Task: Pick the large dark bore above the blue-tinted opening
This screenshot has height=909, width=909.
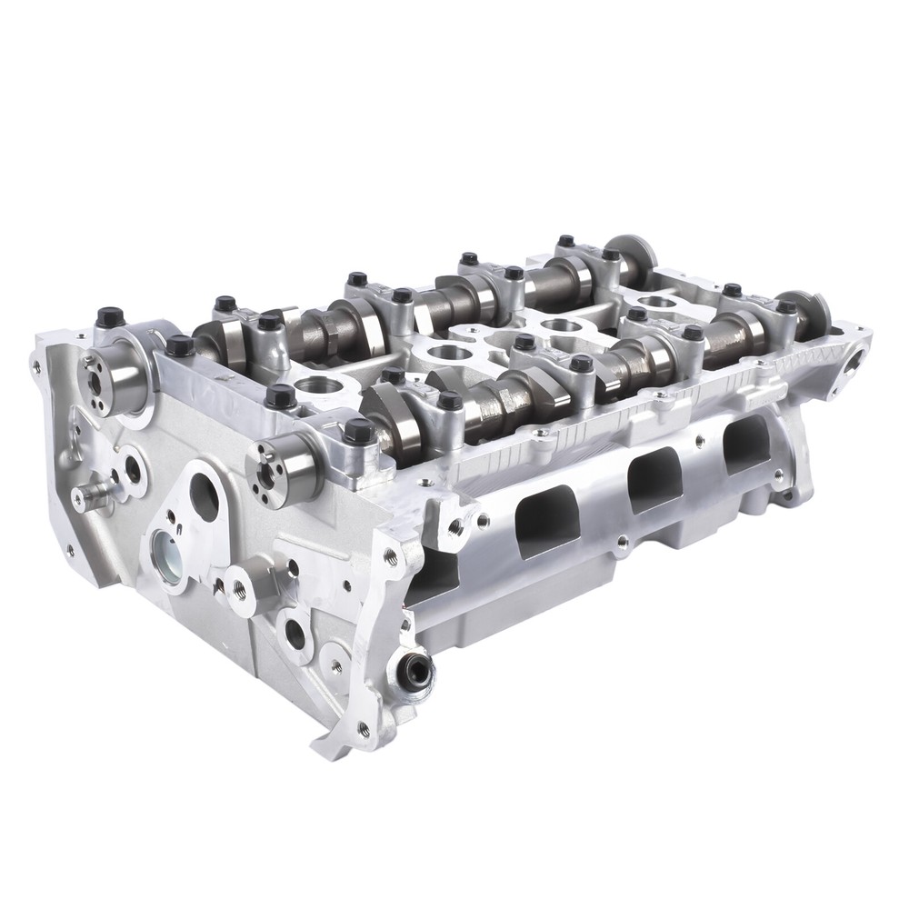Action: [x=204, y=496]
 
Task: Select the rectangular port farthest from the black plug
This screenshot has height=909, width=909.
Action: [x=746, y=444]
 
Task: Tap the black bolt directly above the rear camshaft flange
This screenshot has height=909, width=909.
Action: [x=110, y=318]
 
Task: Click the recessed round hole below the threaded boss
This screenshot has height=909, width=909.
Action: [x=295, y=634]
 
